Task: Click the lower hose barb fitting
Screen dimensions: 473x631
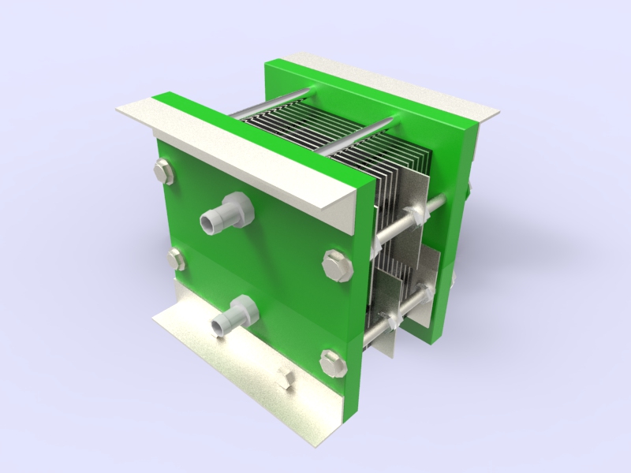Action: (x=223, y=323)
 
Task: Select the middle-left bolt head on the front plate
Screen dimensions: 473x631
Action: (x=177, y=259)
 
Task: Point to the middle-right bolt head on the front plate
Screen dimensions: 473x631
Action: (x=337, y=266)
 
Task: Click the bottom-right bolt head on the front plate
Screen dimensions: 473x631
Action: (x=334, y=362)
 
